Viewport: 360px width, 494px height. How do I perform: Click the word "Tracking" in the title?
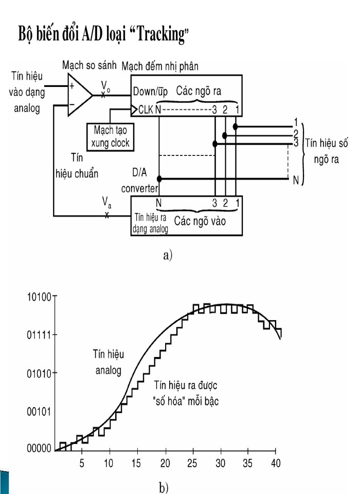(x=160, y=34)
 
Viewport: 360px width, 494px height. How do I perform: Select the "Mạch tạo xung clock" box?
(x=110, y=136)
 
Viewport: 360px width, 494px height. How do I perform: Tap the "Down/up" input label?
(x=150, y=92)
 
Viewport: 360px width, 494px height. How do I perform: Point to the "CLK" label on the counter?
(x=146, y=110)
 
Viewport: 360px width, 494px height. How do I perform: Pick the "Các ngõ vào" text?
(x=200, y=221)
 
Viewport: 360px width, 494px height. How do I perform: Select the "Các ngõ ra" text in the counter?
(x=199, y=91)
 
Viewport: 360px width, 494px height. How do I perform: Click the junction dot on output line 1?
(x=235, y=127)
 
